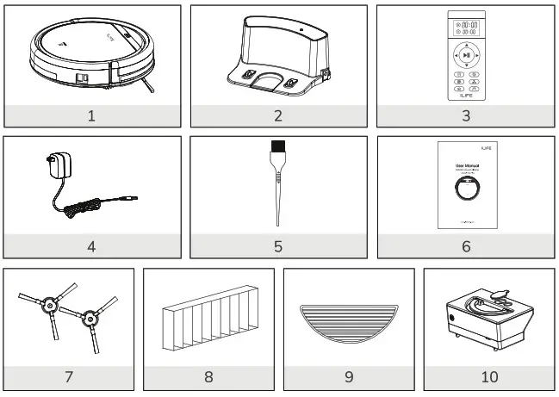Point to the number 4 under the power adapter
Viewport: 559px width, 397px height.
point(91,245)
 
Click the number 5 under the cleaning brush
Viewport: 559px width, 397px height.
point(278,245)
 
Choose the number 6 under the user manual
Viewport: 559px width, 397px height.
point(466,245)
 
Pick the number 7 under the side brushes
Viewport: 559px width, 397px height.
point(69,376)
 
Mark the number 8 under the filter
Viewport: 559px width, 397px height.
point(208,376)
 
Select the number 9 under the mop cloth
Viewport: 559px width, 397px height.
point(348,376)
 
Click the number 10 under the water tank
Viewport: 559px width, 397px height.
point(488,376)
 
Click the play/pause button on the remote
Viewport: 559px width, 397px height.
point(466,55)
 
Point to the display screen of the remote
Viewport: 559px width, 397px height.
point(466,25)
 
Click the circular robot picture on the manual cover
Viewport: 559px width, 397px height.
point(466,189)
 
